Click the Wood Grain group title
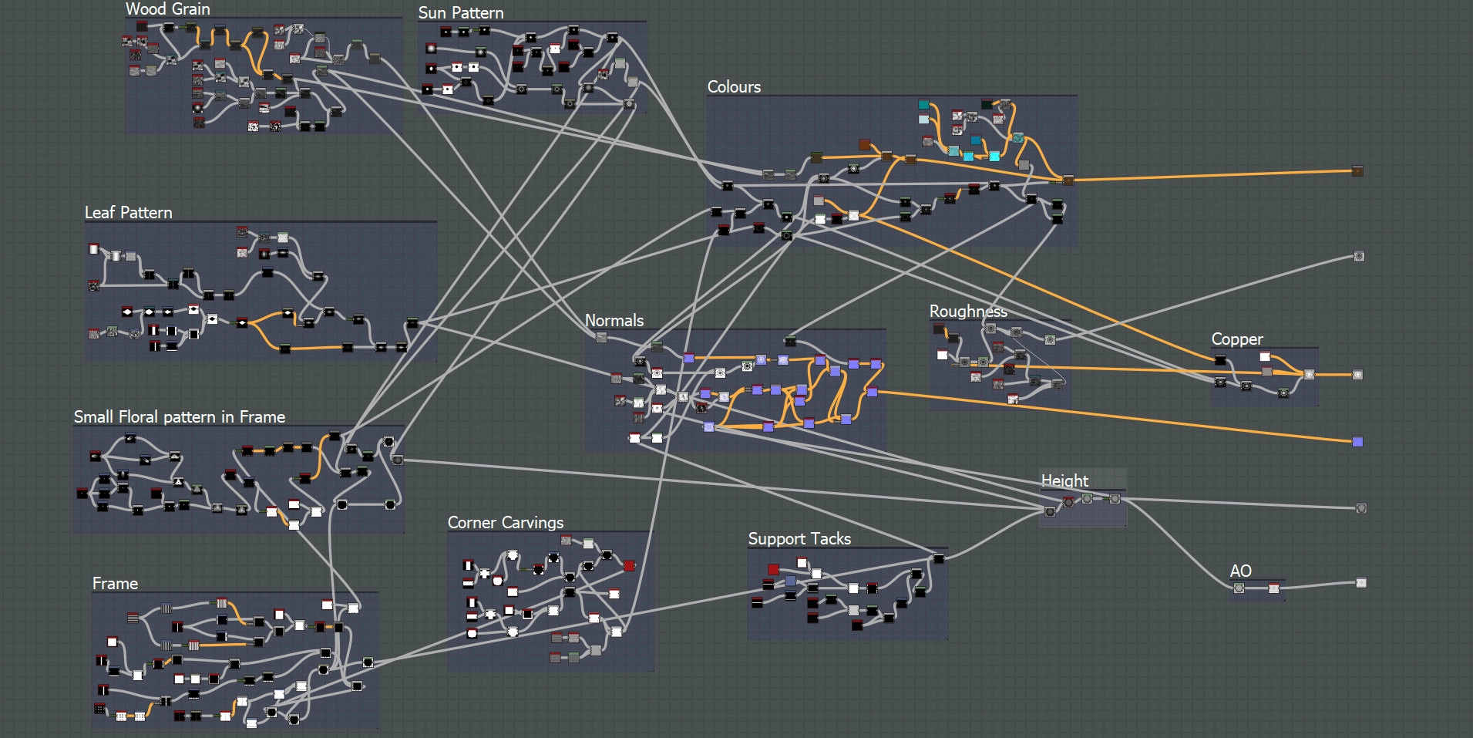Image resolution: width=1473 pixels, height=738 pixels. [x=167, y=9]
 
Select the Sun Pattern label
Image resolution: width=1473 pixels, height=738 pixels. [x=460, y=13]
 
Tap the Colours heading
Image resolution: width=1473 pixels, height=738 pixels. [x=734, y=87]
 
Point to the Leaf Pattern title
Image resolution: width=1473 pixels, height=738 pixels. [x=128, y=213]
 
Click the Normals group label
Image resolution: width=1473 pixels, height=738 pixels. [x=614, y=321]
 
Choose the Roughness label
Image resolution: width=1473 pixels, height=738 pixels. [x=967, y=312]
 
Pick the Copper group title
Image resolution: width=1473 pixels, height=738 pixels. [x=1236, y=339]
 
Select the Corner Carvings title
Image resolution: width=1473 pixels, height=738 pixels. [x=505, y=523]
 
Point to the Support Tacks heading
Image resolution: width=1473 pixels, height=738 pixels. [x=799, y=539]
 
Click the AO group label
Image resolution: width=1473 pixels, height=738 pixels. [x=1240, y=571]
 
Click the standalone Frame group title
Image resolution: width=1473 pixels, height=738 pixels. [x=115, y=584]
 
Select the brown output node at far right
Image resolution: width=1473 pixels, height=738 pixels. [x=1357, y=171]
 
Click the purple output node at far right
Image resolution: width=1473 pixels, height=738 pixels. [x=1357, y=442]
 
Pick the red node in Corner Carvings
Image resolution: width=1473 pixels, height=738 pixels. [x=629, y=566]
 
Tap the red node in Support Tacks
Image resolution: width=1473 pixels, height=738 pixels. [x=773, y=570]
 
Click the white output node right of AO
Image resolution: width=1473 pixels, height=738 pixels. [x=1361, y=583]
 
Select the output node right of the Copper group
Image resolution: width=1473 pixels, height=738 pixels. [x=1357, y=375]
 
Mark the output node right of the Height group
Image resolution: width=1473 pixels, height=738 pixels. [x=1361, y=508]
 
